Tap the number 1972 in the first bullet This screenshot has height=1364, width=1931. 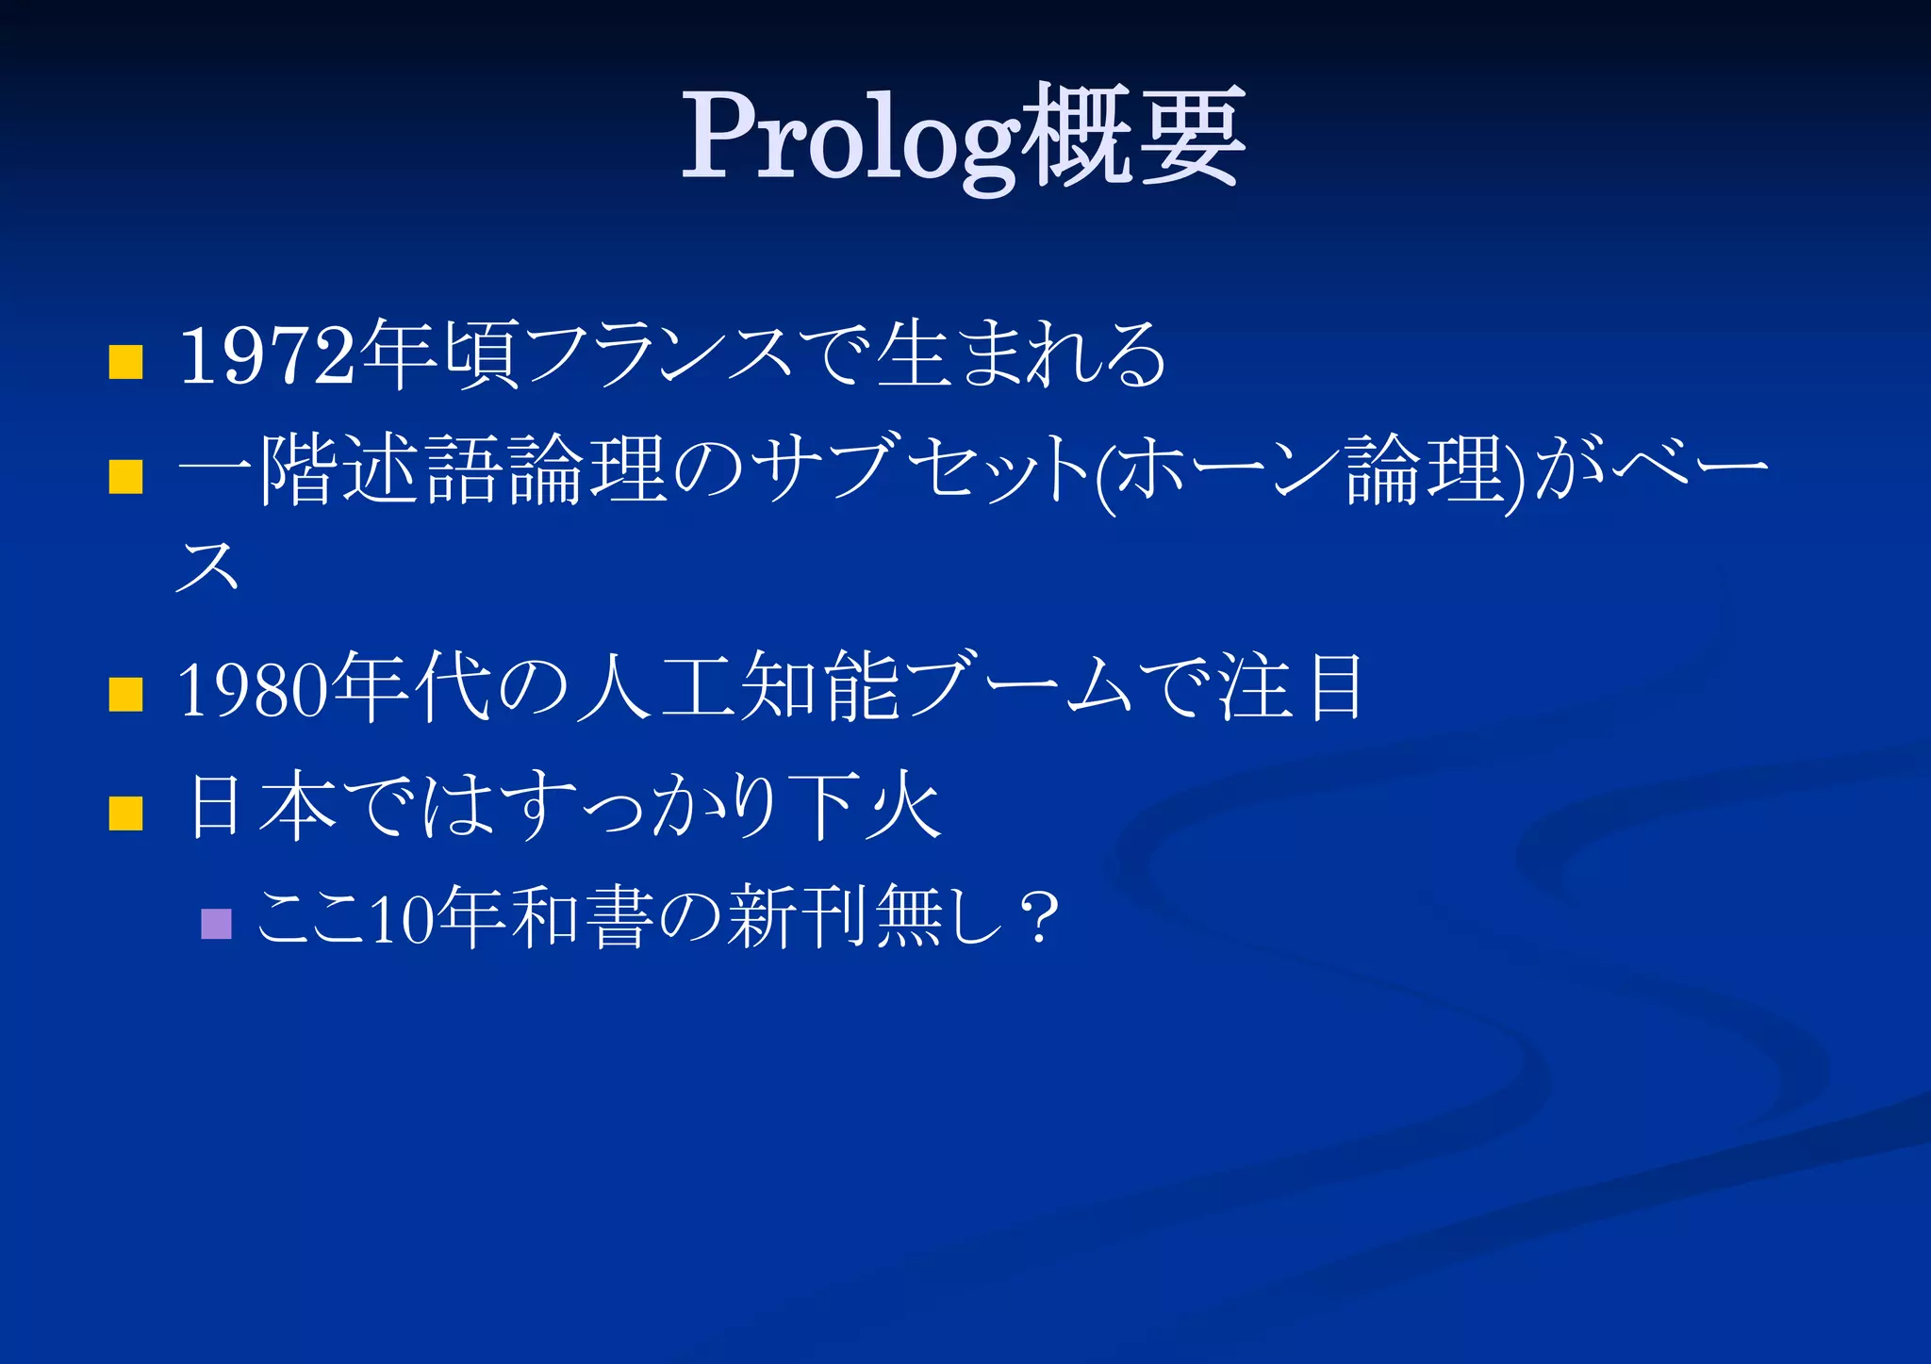pos(268,355)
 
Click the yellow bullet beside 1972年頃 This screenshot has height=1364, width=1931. pos(125,361)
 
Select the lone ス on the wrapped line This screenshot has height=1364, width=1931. pos(207,566)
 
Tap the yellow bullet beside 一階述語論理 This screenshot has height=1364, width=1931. pos(125,476)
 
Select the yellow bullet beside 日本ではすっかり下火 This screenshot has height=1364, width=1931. pos(125,813)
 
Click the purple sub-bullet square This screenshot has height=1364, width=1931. pos(217,924)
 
